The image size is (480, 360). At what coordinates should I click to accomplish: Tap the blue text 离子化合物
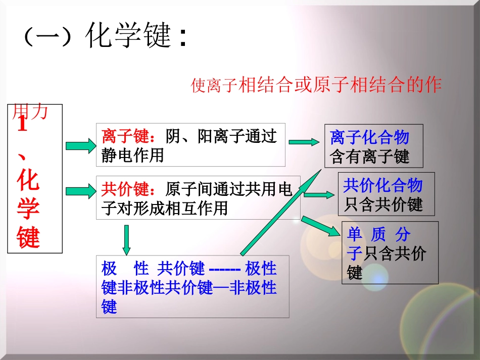click(x=369, y=137)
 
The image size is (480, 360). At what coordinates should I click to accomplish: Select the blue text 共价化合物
click(x=382, y=186)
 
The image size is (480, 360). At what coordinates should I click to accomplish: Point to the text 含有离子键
click(x=369, y=157)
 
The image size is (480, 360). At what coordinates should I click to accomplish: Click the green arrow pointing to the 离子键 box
click(x=80, y=146)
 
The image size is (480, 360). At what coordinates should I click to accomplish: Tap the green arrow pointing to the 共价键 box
click(x=80, y=191)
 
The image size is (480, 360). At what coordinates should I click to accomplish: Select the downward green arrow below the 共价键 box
click(x=126, y=240)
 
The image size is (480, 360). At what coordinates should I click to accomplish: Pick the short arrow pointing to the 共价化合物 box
click(x=319, y=194)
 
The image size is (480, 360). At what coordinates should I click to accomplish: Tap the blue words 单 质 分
click(x=379, y=234)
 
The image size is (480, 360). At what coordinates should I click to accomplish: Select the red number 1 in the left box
click(x=22, y=125)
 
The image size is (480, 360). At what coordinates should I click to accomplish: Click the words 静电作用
click(x=133, y=155)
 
